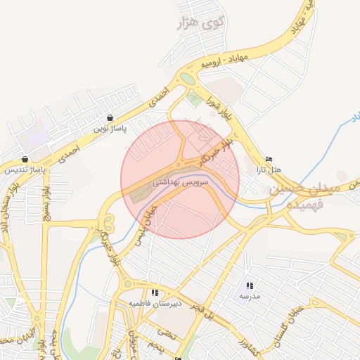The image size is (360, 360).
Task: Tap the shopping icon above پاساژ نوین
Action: (109, 118)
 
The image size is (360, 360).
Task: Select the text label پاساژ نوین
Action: (110, 130)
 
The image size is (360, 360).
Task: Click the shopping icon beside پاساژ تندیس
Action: (25, 159)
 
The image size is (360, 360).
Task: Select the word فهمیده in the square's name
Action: (305, 203)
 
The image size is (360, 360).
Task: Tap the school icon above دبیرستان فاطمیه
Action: (154, 292)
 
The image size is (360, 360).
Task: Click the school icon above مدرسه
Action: (250, 286)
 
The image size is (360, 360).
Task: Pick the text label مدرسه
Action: (249, 297)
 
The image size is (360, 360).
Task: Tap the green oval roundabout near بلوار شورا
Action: (186, 78)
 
